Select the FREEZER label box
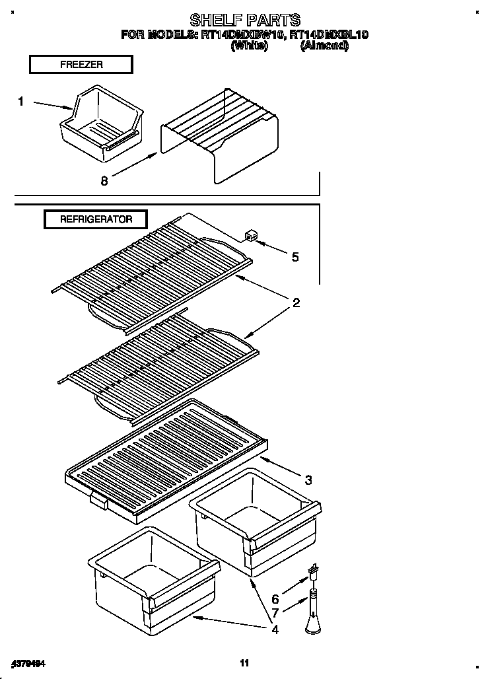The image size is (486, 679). click(81, 64)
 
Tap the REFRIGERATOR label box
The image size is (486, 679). click(96, 219)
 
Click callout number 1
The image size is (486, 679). click(20, 101)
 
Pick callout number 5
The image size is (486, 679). click(295, 256)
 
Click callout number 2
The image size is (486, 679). click(296, 303)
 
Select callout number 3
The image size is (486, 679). click(308, 479)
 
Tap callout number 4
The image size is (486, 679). click(275, 629)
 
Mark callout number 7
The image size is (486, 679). click(275, 613)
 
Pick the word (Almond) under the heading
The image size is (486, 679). click(324, 46)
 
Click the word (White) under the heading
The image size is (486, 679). click(249, 46)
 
